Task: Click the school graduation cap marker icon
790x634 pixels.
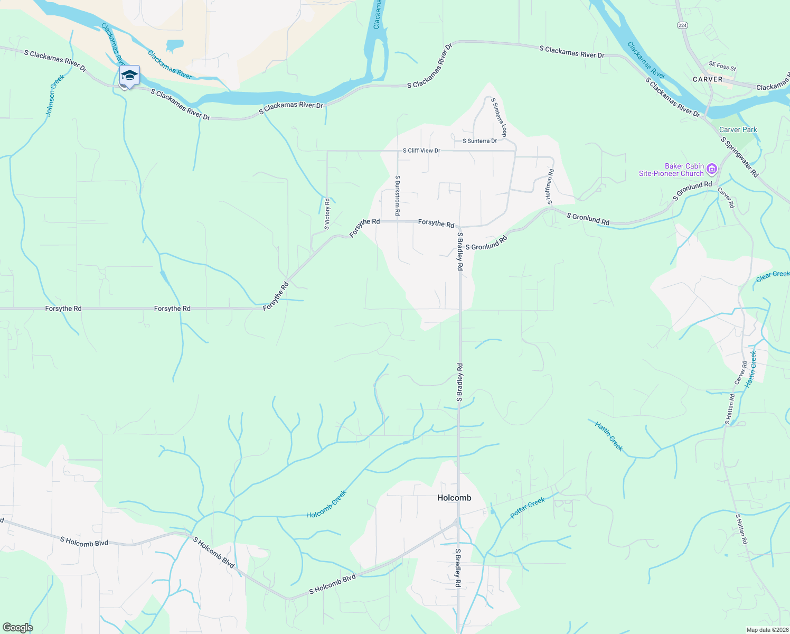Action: [129, 76]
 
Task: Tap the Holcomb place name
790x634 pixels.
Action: [454, 498]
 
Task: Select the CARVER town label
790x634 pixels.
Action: [707, 79]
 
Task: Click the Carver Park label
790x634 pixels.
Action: [738, 129]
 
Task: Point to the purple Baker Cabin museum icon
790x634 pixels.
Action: [711, 169]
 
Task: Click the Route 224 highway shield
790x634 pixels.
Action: [682, 25]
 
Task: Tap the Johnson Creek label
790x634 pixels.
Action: [55, 96]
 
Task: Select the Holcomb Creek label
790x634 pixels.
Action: [326, 504]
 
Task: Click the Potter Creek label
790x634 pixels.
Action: [527, 508]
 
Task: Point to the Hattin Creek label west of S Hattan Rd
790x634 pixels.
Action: [609, 436]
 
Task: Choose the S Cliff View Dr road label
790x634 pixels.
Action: [421, 151]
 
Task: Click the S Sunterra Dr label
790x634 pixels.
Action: [479, 141]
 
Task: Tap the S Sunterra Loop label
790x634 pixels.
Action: [499, 117]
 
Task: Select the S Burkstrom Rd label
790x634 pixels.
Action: [398, 195]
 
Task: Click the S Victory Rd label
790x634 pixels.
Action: [327, 214]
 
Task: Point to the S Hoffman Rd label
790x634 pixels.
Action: [550, 187]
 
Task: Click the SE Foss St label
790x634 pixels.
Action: [722, 66]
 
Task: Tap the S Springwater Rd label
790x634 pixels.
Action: [739, 157]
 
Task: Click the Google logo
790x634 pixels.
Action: [17, 628]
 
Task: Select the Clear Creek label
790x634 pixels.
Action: [773, 276]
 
